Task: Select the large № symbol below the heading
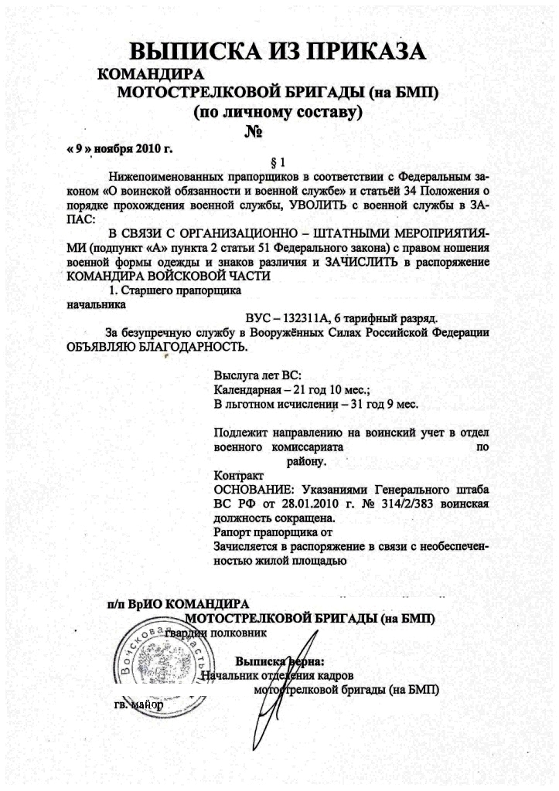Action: (256, 131)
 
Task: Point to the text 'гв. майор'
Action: (138, 704)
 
